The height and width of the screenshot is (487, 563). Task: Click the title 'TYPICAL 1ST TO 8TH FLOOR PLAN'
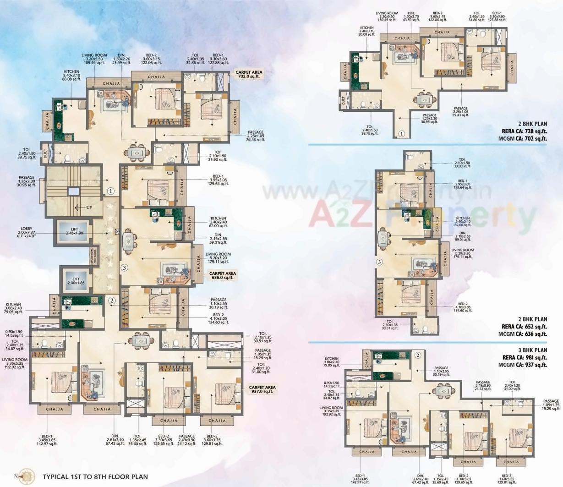point(95,476)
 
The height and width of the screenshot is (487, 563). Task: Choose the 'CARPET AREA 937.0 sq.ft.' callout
point(262,390)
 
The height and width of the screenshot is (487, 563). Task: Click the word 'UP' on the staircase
point(89,208)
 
